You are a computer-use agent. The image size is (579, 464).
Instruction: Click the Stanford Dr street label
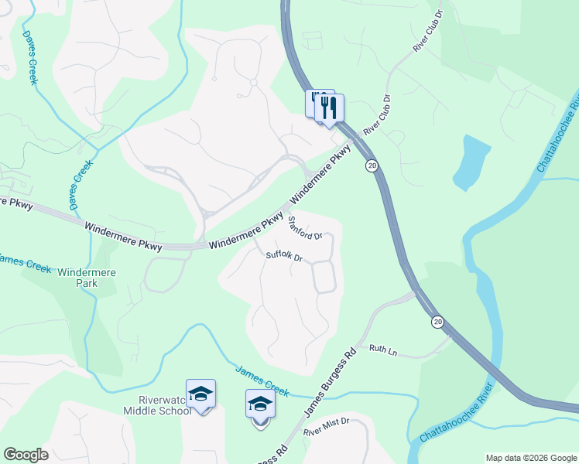pos(304,228)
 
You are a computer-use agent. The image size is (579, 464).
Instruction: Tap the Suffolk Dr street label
pos(283,256)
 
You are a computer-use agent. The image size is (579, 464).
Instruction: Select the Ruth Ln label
pos(382,352)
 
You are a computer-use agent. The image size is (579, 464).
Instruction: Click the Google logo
pos(26,455)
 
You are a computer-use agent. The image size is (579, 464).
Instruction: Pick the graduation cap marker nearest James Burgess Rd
pos(260,404)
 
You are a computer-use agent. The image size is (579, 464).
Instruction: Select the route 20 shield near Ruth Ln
pos(438,322)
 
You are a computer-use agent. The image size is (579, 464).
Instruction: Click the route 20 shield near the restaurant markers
pos(372,165)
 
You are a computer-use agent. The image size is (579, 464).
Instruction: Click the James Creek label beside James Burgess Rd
pos(262,381)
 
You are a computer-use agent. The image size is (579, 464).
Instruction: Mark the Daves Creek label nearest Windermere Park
pos(81,185)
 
